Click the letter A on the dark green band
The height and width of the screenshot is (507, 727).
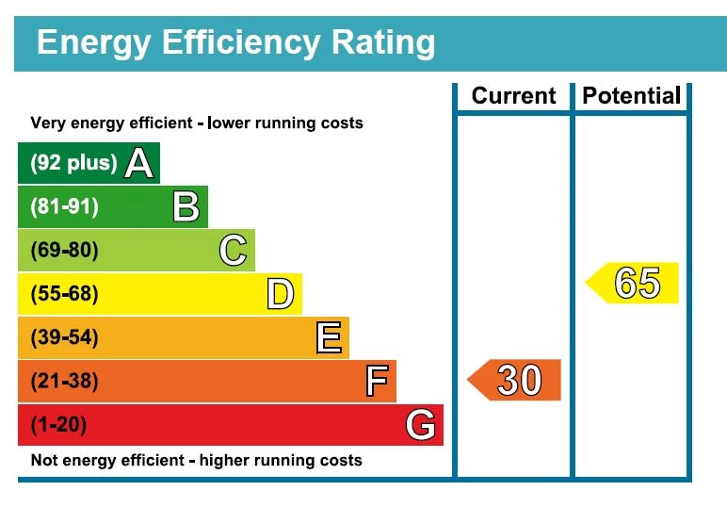pos(138,164)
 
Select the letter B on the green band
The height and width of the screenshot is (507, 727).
pos(186,206)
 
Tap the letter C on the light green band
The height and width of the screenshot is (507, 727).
pos(233,251)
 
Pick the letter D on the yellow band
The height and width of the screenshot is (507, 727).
pos(280,295)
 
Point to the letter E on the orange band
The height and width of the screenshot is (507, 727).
pos(328,337)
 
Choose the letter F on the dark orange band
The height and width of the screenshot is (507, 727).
pos(376,382)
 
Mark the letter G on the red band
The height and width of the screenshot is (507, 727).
pos(421,426)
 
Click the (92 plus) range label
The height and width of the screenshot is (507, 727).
pos(73,163)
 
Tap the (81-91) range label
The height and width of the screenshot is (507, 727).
pos(64,206)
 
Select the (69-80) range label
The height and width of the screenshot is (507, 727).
pos(64,251)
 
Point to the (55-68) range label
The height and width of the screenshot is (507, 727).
pos(64,295)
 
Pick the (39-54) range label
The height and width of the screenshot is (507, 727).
pos(64,337)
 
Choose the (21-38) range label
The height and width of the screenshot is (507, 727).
pos(64,382)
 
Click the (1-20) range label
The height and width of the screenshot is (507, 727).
pos(58,425)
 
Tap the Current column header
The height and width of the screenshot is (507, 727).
pos(513,96)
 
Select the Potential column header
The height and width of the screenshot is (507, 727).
pos(631,96)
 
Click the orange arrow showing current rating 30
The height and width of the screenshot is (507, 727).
pos(515,380)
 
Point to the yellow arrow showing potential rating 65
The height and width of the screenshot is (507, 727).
pos(633,283)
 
